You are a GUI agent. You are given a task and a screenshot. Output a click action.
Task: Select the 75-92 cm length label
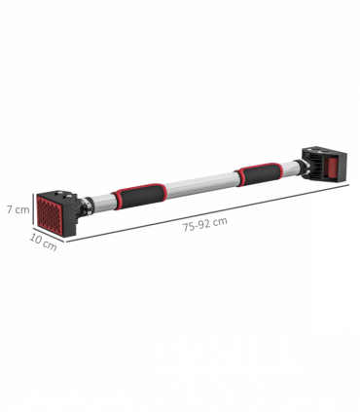click(204, 222)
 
